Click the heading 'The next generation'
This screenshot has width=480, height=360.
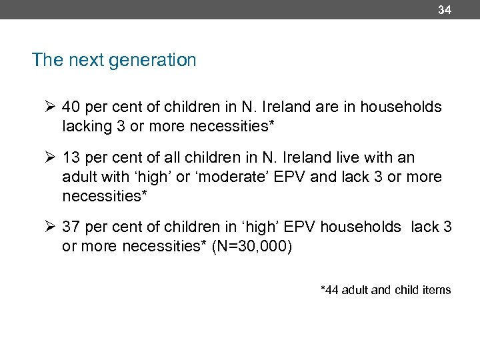click(114, 61)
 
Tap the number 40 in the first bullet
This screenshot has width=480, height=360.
click(71, 107)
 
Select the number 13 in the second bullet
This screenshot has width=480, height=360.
click(71, 158)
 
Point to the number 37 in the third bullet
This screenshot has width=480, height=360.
click(71, 227)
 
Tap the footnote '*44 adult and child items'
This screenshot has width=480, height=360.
click(385, 290)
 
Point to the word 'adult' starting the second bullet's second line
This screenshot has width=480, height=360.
click(79, 176)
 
